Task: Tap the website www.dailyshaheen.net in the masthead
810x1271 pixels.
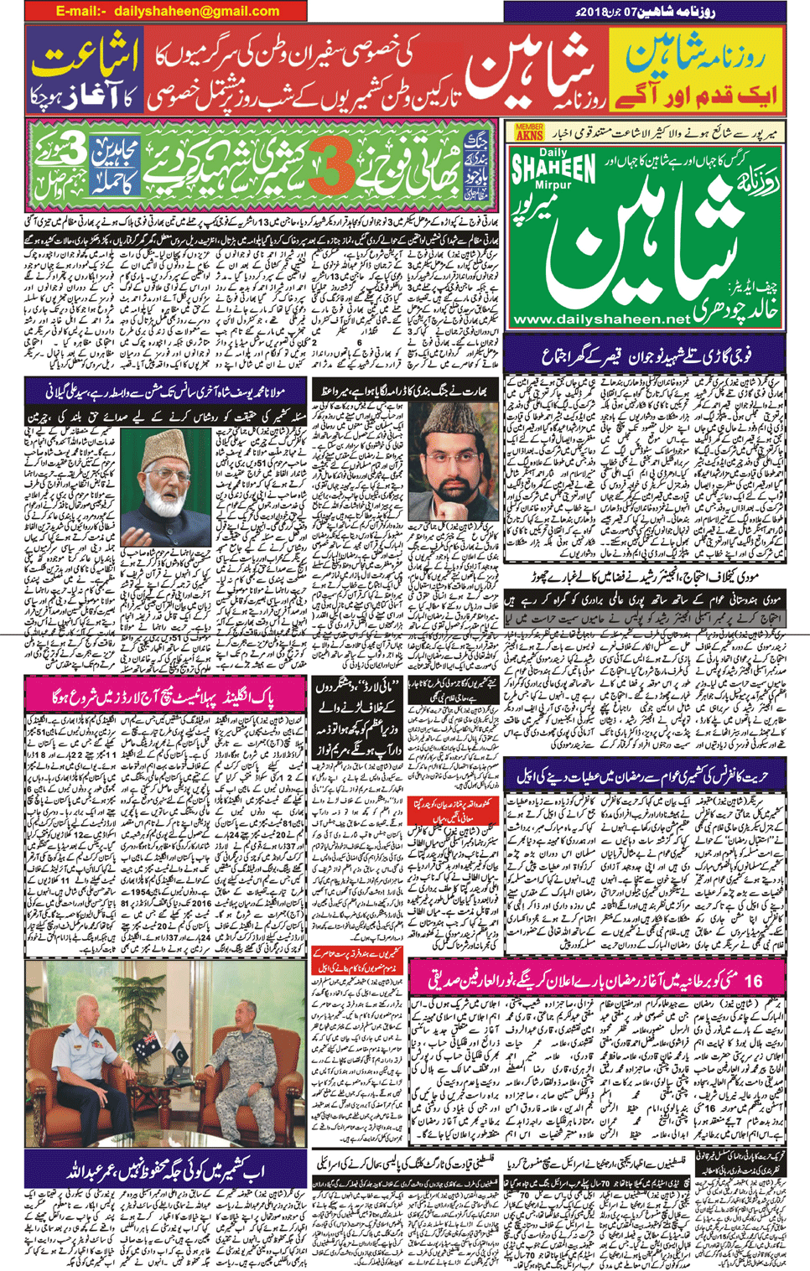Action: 600,319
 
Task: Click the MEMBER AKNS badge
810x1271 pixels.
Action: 530,132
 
